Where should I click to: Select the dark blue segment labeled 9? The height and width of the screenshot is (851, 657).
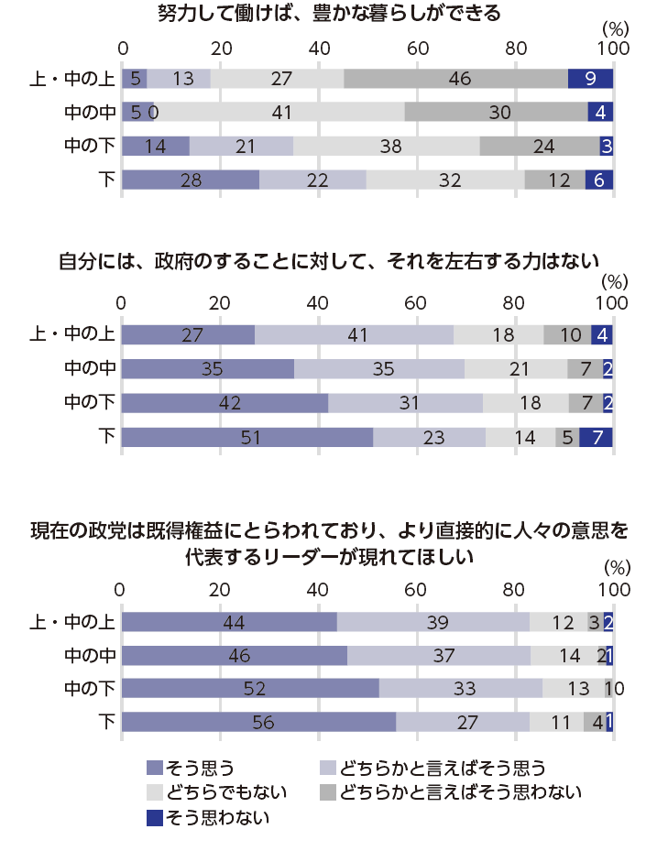(x=590, y=79)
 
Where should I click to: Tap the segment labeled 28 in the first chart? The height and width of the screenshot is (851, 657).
(x=191, y=180)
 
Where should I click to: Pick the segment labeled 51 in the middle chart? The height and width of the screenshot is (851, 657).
(x=246, y=437)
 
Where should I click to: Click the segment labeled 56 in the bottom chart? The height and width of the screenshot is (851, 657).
(x=258, y=722)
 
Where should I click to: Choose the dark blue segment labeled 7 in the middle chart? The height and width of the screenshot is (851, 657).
(x=601, y=437)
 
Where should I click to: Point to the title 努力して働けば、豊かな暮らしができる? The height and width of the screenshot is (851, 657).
(x=329, y=14)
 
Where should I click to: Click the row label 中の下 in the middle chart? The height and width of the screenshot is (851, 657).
(x=88, y=403)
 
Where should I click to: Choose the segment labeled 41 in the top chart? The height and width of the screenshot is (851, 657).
(x=281, y=112)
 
